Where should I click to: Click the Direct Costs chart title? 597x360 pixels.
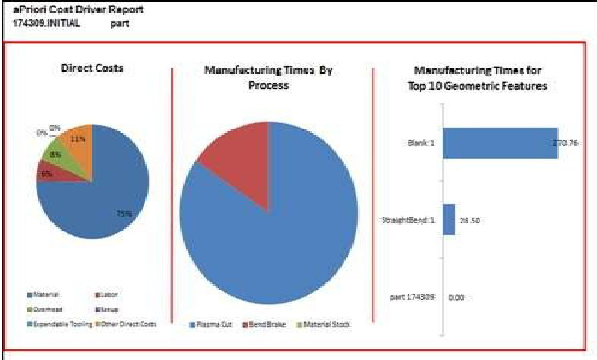92,68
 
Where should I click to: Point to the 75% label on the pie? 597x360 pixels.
123,213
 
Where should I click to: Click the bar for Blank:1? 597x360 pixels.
499,143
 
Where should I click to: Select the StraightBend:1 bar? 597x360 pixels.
448,220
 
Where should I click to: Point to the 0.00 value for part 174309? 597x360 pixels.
456,296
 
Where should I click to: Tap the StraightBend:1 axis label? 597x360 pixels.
411,220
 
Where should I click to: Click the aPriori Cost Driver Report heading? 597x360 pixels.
78,11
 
